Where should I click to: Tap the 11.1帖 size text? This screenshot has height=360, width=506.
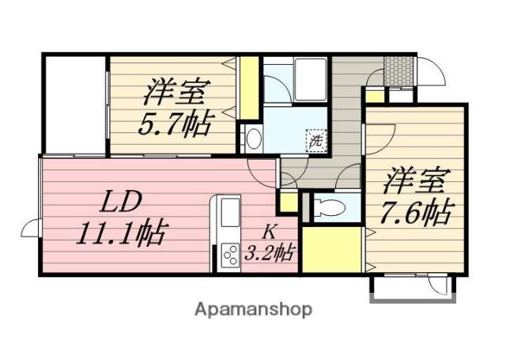tap(120, 233)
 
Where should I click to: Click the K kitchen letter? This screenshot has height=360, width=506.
tap(269, 232)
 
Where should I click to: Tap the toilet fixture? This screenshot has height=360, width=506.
tap(328, 208)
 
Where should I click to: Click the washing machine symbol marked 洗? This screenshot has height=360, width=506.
tap(315, 141)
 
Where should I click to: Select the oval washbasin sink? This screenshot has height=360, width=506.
tap(254, 140)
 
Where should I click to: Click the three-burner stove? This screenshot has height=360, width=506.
tap(230, 256)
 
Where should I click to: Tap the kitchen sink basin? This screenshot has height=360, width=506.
tap(230, 213)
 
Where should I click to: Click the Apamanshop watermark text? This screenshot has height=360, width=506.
tap(254, 309)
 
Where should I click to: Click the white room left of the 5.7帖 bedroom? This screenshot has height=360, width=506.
tap(74, 103)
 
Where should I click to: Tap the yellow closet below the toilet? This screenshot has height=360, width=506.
tap(333, 248)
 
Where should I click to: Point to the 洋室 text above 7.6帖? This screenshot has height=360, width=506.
tap(414, 180)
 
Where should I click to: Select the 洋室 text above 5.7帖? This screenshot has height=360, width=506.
tap(176, 93)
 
